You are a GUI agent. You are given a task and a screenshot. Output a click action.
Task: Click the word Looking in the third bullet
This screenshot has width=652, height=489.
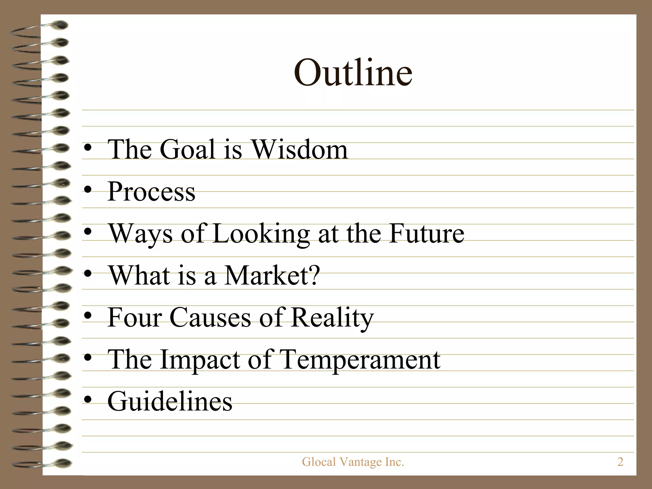pyautogui.click(x=261, y=234)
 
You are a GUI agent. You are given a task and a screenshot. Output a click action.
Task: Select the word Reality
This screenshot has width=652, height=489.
pyautogui.click(x=332, y=318)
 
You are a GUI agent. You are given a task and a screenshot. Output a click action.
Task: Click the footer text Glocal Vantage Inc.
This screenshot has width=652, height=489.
pyautogui.click(x=353, y=462)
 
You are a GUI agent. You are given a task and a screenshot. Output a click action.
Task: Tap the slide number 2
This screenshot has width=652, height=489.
pyautogui.click(x=620, y=462)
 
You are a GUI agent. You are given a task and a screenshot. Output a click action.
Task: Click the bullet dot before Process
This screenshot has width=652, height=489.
pyautogui.click(x=88, y=190)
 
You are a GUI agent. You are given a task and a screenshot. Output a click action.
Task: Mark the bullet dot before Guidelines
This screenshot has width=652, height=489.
pyautogui.click(x=88, y=400)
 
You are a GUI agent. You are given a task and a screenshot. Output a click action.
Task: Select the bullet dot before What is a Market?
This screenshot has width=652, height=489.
pyautogui.click(x=88, y=274)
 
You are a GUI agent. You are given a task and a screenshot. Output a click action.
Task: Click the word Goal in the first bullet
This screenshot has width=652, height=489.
pyautogui.click(x=188, y=149)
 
